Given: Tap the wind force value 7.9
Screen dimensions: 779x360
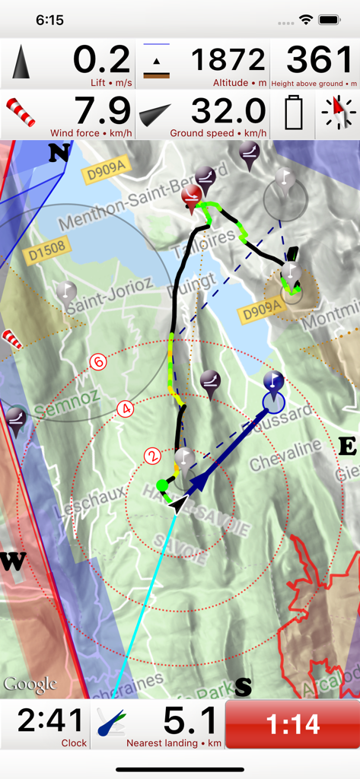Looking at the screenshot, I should (102, 111).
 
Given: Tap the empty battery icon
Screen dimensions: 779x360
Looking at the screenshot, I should (293, 114).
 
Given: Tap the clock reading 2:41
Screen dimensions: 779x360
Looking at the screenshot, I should (49, 720).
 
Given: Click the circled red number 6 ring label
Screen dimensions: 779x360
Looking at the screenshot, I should (97, 362).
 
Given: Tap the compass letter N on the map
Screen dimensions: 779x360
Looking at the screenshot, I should (59, 154).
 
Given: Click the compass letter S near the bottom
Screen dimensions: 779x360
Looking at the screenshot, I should (243, 687).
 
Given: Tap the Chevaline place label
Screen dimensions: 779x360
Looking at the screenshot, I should (286, 454).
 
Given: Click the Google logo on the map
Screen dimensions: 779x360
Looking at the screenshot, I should (30, 684).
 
